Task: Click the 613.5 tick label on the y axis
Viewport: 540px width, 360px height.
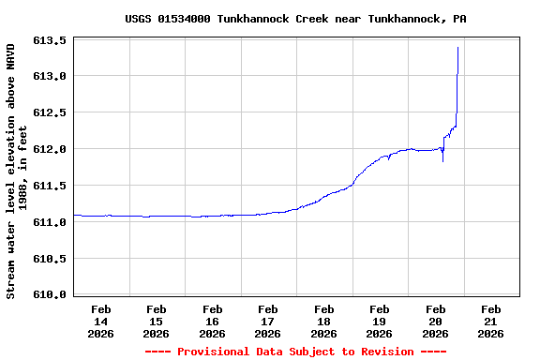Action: click(x=50, y=41)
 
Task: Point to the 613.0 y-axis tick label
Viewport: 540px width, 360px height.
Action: click(x=50, y=77)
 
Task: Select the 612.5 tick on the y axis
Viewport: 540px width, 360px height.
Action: click(x=50, y=113)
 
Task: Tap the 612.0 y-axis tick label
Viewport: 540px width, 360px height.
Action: click(x=50, y=150)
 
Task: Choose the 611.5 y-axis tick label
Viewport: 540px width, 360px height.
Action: click(x=50, y=187)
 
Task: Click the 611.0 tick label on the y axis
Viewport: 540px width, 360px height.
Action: click(x=50, y=223)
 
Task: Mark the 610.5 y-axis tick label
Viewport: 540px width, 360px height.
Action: click(x=50, y=259)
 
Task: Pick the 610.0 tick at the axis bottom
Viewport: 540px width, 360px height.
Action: click(x=50, y=295)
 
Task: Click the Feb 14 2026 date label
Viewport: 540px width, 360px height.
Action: click(x=101, y=321)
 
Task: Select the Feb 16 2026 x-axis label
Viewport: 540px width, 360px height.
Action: click(x=213, y=321)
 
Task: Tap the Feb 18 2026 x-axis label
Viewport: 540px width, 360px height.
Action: click(x=324, y=321)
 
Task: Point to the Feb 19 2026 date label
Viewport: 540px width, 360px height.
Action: click(x=380, y=321)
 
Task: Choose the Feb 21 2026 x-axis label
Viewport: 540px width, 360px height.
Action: click(x=491, y=321)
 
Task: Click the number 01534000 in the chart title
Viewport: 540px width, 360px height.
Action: click(x=184, y=19)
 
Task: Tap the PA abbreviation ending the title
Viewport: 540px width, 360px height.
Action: click(x=460, y=19)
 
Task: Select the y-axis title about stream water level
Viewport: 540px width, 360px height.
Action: click(x=17, y=171)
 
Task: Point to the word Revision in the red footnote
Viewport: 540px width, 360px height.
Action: click(x=381, y=352)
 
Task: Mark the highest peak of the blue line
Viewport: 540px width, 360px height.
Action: click(x=457, y=47)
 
